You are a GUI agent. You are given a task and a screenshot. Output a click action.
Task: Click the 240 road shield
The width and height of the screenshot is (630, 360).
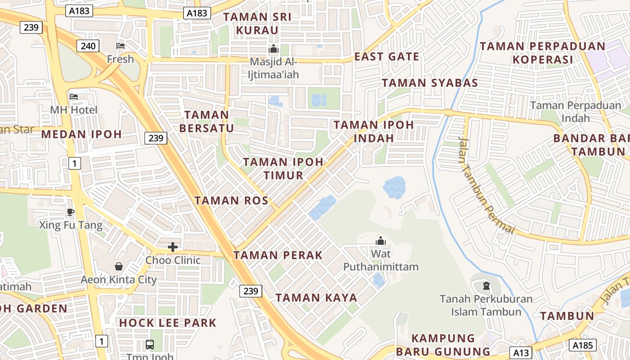(88, 45)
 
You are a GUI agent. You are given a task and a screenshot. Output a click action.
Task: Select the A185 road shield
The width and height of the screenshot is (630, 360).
(583, 345)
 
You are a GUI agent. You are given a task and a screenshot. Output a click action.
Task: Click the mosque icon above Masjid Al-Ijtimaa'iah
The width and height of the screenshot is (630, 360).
(273, 49)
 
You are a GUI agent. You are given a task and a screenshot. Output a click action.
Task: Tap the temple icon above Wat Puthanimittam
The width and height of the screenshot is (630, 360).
(381, 241)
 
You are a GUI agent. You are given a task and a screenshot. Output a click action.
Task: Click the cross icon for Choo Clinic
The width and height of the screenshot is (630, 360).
(173, 247)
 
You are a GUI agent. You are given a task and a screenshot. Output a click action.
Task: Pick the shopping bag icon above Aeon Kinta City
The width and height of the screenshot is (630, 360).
(119, 266)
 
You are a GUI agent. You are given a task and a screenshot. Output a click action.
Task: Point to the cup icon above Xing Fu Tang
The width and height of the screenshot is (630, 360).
(70, 212)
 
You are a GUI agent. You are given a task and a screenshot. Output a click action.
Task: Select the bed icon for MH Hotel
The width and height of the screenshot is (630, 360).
(74, 96)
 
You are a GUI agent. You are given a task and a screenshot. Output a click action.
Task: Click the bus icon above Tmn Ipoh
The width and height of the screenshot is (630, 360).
(150, 345)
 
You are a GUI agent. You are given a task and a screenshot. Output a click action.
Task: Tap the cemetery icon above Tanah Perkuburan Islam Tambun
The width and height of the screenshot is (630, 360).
(486, 285)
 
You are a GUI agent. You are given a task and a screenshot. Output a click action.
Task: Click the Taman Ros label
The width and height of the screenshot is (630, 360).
(231, 201)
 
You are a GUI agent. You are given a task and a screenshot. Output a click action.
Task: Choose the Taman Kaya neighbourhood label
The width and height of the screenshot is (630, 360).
(316, 297)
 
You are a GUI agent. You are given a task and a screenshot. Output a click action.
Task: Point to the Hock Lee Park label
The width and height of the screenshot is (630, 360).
(168, 323)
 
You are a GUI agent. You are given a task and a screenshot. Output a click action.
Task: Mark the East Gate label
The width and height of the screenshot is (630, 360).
(387, 57)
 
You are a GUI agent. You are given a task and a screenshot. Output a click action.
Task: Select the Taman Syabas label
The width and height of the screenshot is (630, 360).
(430, 83)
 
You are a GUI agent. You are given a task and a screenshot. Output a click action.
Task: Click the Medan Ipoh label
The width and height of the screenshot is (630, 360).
(81, 134)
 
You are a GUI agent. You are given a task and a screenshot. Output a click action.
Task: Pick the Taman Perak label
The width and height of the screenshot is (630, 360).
(278, 255)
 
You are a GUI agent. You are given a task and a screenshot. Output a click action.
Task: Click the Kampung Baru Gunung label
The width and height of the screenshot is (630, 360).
(443, 345)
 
